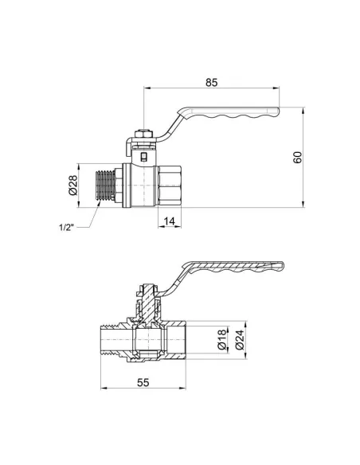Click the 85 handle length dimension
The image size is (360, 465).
tap(211, 82)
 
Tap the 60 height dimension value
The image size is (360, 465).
tap(297, 157)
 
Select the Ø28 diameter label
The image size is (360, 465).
tap(73, 185)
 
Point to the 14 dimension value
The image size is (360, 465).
tap(170, 221)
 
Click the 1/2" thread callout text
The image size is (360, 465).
tap(66, 228)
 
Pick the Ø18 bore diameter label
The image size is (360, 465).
tap(222, 340)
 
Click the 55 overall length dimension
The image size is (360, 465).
tap(143, 382)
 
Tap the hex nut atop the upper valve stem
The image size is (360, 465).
tap(143, 134)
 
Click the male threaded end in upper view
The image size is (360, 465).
tap(106, 186)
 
